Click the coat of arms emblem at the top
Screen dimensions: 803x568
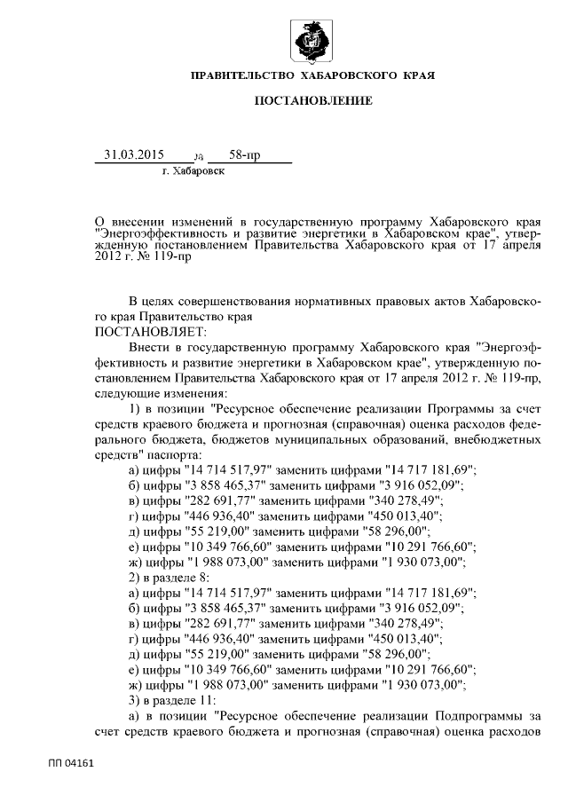click(x=312, y=40)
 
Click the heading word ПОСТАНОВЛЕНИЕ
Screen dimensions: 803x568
click(x=313, y=102)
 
